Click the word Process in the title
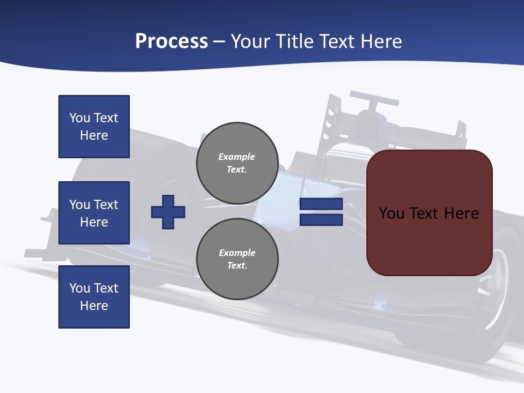pyautogui.click(x=171, y=41)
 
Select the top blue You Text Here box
pyautogui.click(x=94, y=127)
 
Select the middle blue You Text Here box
pyautogui.click(x=94, y=213)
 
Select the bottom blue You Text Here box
pyautogui.click(x=94, y=296)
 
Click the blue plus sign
pyautogui.click(x=168, y=211)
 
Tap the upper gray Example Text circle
pyautogui.click(x=237, y=163)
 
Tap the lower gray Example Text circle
pyautogui.click(x=237, y=259)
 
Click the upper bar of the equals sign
pyautogui.click(x=321, y=204)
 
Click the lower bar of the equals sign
pyautogui.click(x=321, y=220)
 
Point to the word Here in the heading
pyautogui.click(x=380, y=41)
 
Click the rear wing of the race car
pyautogui.click(x=374, y=99)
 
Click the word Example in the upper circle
pyautogui.click(x=237, y=157)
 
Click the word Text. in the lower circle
pyautogui.click(x=237, y=266)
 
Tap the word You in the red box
pyautogui.click(x=391, y=213)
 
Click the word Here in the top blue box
pyautogui.click(x=94, y=135)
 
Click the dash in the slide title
pyautogui.click(x=219, y=41)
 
